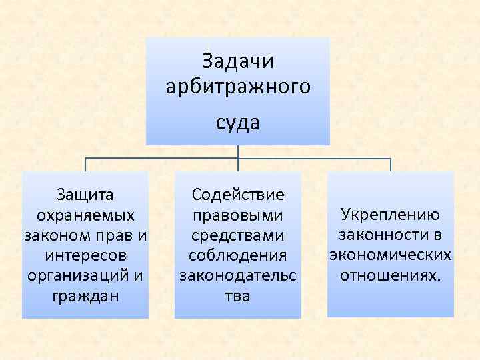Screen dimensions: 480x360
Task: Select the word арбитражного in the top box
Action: [238, 87]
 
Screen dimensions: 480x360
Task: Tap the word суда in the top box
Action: [238, 123]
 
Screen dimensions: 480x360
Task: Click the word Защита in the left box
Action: [85, 195]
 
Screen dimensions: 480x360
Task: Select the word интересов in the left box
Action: [85, 255]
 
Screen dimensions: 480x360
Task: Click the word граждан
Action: [85, 295]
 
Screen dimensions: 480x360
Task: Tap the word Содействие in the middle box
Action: [238, 195]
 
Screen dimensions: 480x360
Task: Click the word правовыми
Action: [238, 215]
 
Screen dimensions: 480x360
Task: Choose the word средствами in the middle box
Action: [238, 235]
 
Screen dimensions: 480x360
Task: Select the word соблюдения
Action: [238, 255]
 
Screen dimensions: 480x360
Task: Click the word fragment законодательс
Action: [238, 275]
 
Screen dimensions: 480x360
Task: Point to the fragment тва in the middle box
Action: [238, 295]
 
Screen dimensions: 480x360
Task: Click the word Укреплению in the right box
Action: [390, 215]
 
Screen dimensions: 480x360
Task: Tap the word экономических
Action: [390, 255]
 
